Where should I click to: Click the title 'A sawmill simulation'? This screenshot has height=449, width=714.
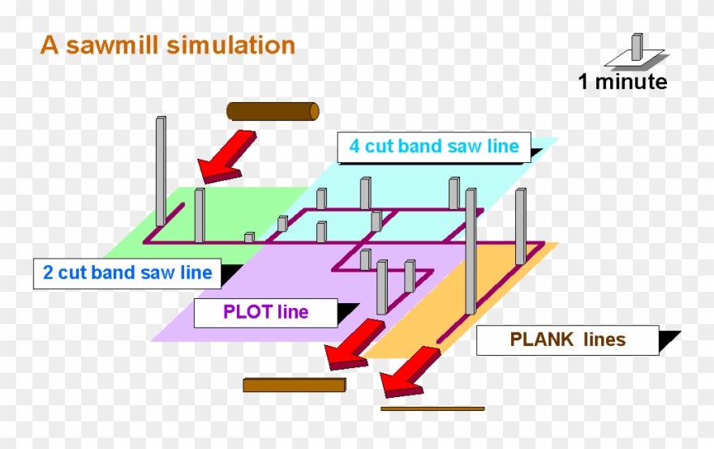167,45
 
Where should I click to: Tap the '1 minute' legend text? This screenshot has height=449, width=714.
622,82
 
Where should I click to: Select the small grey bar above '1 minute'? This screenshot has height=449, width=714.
637,47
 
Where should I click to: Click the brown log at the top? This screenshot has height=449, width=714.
273,111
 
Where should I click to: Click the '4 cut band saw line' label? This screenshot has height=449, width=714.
433,147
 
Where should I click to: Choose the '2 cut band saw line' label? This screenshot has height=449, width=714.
127,272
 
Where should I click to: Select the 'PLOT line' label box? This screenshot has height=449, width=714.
265,312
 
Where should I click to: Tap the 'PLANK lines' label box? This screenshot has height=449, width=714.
567,340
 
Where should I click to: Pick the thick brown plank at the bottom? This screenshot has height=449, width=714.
295,384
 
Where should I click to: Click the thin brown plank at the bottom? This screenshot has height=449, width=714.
432,408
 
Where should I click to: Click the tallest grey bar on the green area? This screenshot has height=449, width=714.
161,170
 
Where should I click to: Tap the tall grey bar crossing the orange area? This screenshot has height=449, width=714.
471,251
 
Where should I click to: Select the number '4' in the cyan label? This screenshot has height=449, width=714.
355,147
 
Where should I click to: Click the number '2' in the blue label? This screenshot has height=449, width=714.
48,272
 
